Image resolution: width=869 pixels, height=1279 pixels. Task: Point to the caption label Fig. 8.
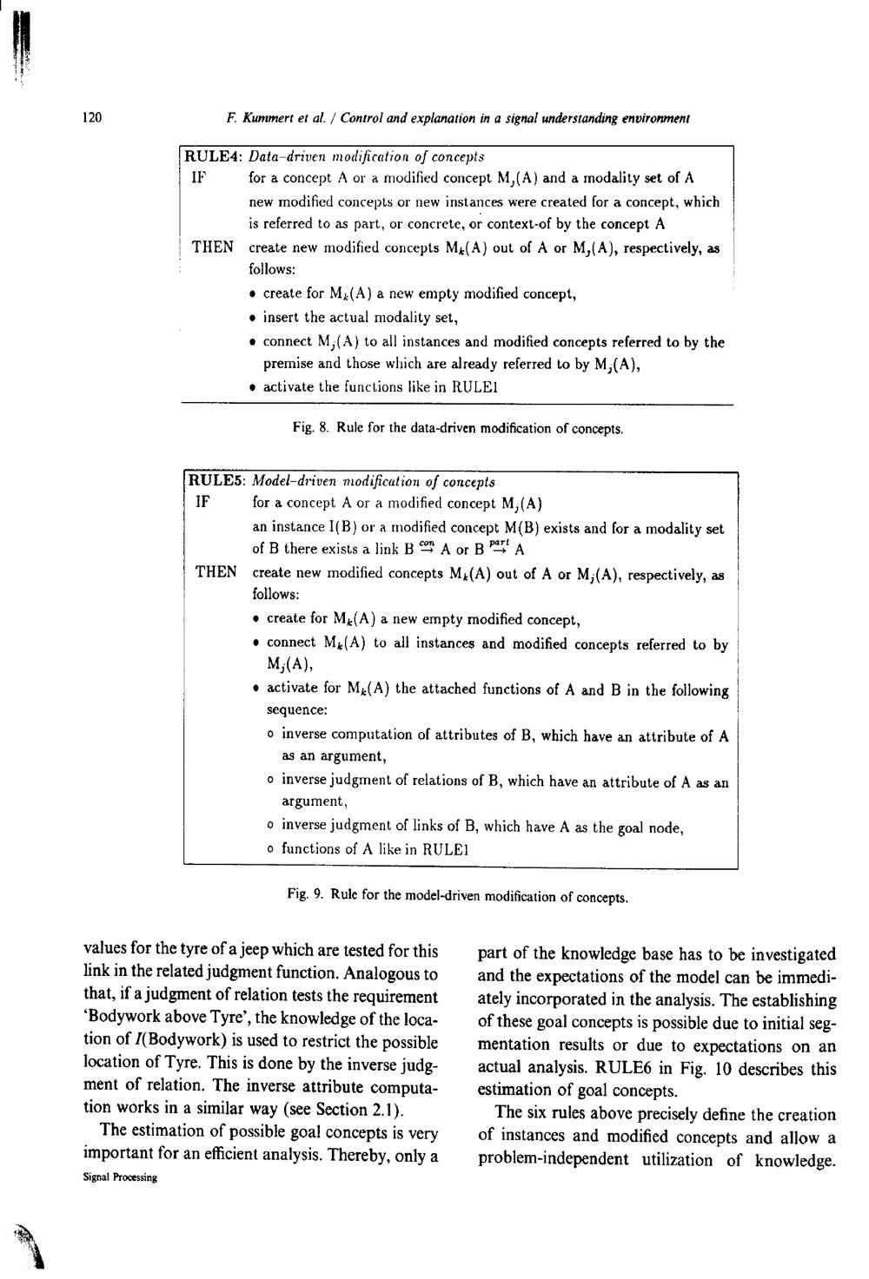[309, 428]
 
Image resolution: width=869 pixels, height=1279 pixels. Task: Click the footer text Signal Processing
[119, 1178]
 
